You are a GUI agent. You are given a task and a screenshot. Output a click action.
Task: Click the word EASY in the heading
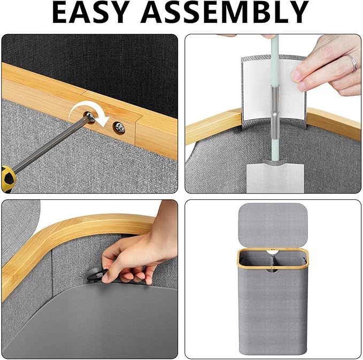point(91,12)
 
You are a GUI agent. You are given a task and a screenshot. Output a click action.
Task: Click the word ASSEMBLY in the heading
point(225,12)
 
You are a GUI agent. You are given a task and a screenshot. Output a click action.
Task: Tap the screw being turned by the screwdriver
point(90,116)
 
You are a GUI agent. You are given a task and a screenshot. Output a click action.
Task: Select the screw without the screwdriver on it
point(120,128)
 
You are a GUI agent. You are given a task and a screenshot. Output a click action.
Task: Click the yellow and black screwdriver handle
point(8,178)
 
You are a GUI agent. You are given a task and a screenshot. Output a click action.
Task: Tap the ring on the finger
point(353,63)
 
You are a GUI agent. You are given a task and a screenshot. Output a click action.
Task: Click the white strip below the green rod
point(275,178)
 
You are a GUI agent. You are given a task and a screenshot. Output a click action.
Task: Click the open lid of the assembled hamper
point(273,225)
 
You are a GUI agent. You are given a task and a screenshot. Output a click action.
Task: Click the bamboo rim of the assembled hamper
point(273,251)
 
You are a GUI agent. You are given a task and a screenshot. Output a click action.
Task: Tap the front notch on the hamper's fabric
point(273,270)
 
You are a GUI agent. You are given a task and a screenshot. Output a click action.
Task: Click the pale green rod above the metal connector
point(274,60)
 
